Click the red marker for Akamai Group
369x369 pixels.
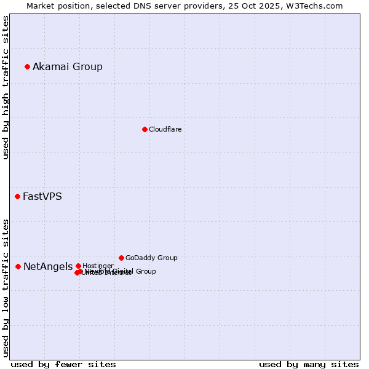tap(27, 66)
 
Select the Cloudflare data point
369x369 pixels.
tap(145, 129)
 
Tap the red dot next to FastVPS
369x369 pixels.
tap(17, 196)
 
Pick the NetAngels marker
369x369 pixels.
tap(18, 266)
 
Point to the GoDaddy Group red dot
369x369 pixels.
tap(121, 258)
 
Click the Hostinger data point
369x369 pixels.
tap(78, 266)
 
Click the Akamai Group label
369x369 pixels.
tap(68, 66)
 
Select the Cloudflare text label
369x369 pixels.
tap(165, 129)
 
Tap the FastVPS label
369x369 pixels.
tap(42, 197)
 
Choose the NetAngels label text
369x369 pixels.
tap(47, 266)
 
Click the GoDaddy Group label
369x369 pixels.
tap(151, 258)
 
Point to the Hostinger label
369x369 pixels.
tap(98, 266)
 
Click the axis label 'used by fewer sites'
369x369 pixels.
tap(63, 364)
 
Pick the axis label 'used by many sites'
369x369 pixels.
tap(309, 364)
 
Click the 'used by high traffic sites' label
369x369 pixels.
tap(6, 87)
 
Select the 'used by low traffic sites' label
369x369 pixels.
tap(6, 287)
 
